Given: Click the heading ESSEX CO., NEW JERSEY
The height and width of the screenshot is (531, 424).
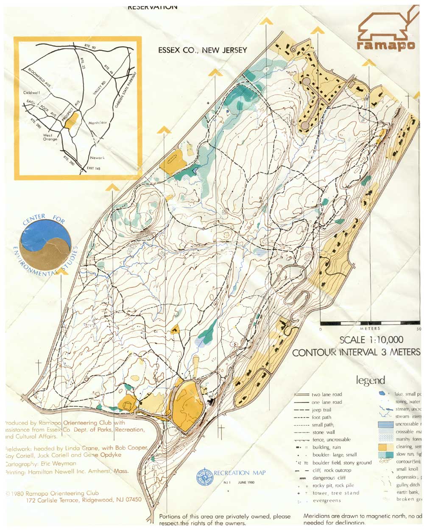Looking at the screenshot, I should click(x=202, y=50).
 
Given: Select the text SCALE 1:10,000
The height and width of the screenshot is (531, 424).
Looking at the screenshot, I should click(x=371, y=340).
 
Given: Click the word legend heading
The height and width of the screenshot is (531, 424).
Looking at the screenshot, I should click(x=370, y=380).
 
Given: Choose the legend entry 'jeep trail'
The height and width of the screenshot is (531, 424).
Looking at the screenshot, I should click(x=321, y=410).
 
